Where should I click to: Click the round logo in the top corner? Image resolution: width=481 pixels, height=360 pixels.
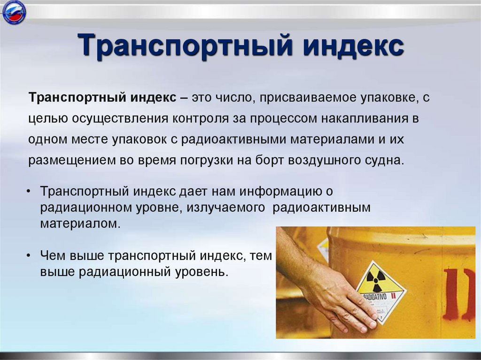[x=14, y=13]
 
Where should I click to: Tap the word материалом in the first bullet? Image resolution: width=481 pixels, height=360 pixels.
[x=80, y=223]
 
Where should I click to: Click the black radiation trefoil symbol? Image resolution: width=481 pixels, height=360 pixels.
[x=375, y=280]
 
